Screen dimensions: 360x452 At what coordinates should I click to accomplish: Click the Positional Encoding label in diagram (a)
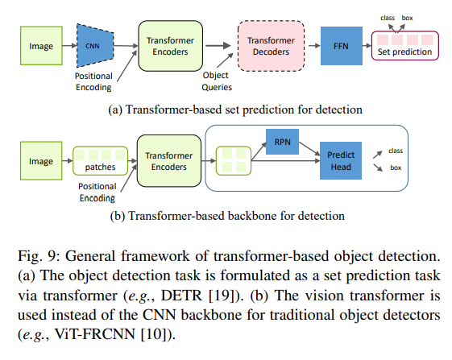point(90,81)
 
